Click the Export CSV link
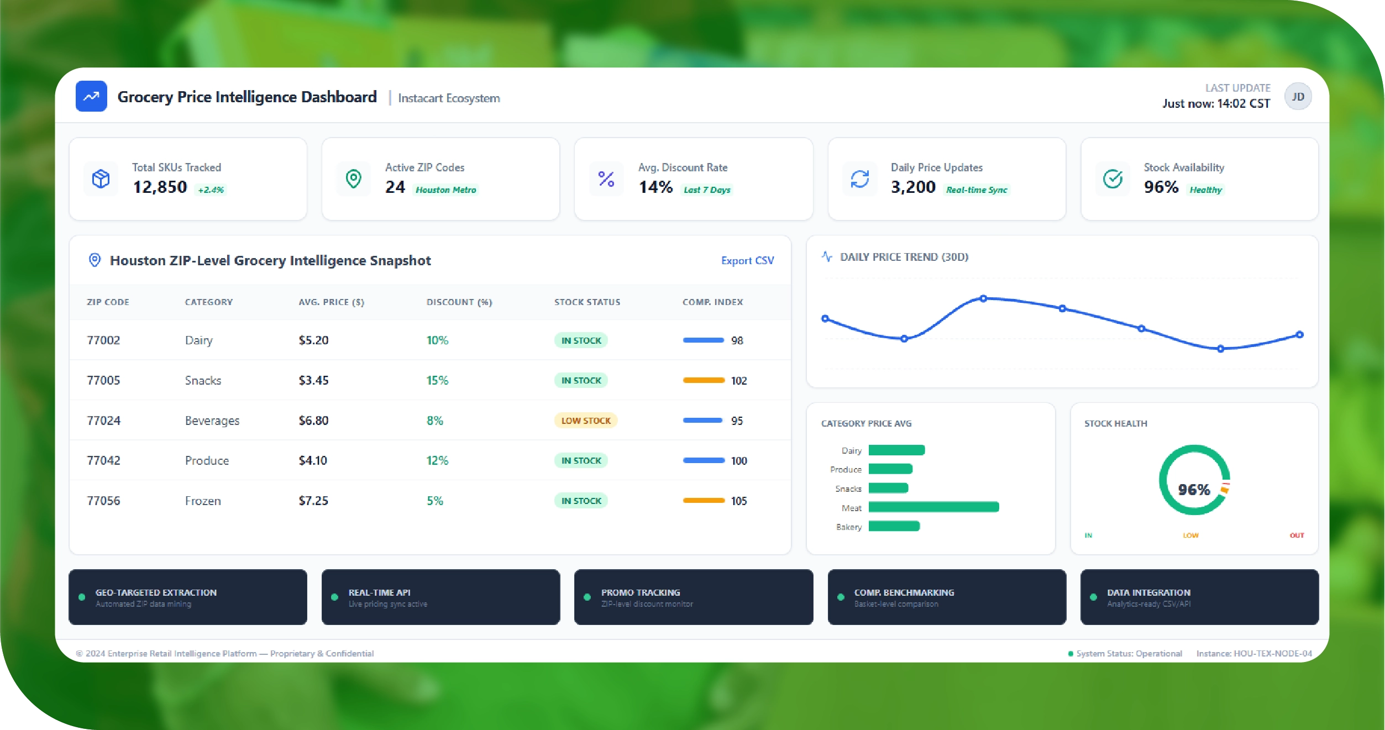[x=747, y=260]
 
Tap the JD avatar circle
[x=1298, y=97]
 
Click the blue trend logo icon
[x=91, y=97]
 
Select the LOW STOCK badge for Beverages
[x=585, y=421]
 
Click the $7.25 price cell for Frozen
[x=313, y=501]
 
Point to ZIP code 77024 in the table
[x=103, y=421]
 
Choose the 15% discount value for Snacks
[x=437, y=380]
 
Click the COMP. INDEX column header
[x=712, y=302]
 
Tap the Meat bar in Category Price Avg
[x=933, y=507]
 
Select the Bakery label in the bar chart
[x=848, y=527]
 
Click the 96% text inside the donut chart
[x=1194, y=490]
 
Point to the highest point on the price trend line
[x=983, y=298]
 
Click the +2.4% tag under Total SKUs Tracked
[x=211, y=190]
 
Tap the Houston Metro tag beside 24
[x=445, y=190]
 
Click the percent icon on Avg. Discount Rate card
[x=606, y=179]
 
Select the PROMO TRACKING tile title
[x=641, y=592]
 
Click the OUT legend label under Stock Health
[x=1297, y=535]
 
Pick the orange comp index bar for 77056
[x=704, y=501]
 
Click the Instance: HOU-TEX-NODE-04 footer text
[x=1253, y=653]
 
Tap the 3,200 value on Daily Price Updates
[x=913, y=187]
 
